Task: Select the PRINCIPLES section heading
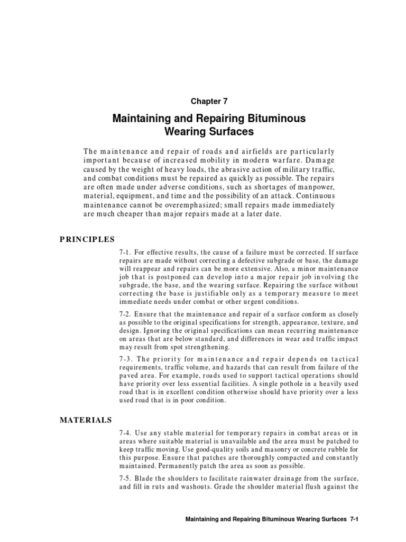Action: pos(88,239)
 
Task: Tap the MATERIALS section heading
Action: pos(86,420)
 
